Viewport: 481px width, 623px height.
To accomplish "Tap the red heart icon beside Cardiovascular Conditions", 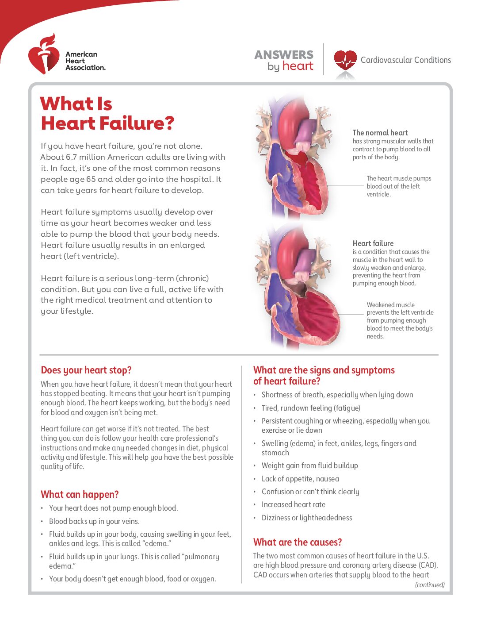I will [x=345, y=60].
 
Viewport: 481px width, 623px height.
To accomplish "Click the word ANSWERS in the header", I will [x=284, y=55].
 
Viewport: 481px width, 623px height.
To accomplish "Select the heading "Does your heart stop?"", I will [x=86, y=370].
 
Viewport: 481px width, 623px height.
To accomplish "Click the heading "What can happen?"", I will [x=80, y=495].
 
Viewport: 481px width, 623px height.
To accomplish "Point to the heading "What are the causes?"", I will [x=298, y=542].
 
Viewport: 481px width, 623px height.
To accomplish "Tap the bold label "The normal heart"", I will [x=380, y=133].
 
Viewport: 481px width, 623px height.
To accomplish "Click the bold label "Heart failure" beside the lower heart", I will [x=373, y=243].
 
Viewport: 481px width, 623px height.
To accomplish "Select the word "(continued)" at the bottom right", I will [x=430, y=585].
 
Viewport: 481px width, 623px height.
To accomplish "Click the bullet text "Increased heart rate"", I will [x=294, y=505].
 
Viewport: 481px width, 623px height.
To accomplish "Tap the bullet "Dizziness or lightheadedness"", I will [x=307, y=518].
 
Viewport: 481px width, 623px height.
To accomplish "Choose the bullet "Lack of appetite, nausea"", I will [x=301, y=479].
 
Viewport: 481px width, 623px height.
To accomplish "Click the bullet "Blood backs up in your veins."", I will [x=94, y=522].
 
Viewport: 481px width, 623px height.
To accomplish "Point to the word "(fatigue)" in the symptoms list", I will [x=347, y=408].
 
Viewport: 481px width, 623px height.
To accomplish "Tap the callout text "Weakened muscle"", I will [x=391, y=305].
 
